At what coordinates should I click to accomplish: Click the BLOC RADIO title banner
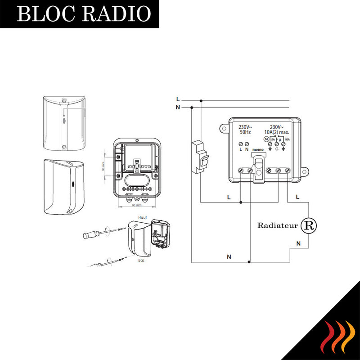(83, 14)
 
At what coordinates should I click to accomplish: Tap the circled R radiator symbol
(309, 225)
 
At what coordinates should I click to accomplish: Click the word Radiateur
(277, 225)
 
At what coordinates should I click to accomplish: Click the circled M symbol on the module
(265, 139)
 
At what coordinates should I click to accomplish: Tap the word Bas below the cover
(140, 260)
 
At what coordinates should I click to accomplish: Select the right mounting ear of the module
(305, 171)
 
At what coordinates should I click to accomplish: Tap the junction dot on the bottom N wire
(249, 262)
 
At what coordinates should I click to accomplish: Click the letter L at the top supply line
(178, 99)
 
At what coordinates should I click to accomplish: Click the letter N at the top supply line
(178, 107)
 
